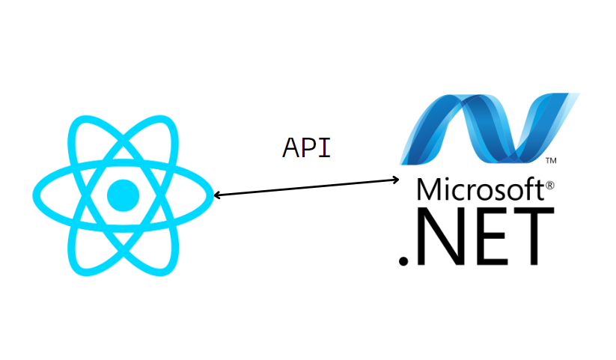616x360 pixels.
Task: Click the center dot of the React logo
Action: click(123, 195)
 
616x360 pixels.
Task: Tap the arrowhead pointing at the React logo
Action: click(216, 195)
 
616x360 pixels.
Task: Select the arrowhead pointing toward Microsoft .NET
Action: click(396, 179)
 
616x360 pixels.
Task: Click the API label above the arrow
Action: click(306, 147)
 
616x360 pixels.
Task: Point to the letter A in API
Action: click(290, 147)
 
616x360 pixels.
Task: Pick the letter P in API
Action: click(307, 147)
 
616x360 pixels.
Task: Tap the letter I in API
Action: click(323, 147)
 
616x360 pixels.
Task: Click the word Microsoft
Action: click(480, 189)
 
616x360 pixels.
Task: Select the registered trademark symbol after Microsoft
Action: click(549, 183)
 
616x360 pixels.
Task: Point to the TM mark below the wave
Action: click(550, 160)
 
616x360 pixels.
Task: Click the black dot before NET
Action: click(403, 260)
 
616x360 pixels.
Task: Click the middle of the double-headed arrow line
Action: click(306, 187)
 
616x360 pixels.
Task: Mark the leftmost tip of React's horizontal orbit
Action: click(34, 196)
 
